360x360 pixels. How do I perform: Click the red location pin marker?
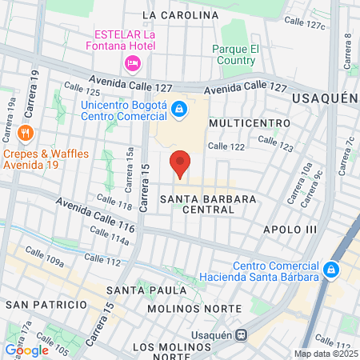coord(180,163)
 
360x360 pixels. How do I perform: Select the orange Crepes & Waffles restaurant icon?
coord(26,132)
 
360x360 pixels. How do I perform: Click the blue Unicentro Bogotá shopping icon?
coord(179,107)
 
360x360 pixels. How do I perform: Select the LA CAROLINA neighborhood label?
coord(180,14)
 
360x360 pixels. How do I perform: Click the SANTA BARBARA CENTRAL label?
coord(197,203)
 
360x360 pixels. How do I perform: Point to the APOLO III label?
coord(290,230)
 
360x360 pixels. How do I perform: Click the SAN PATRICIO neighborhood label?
coord(46,305)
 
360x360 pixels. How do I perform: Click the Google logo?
coord(26,350)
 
